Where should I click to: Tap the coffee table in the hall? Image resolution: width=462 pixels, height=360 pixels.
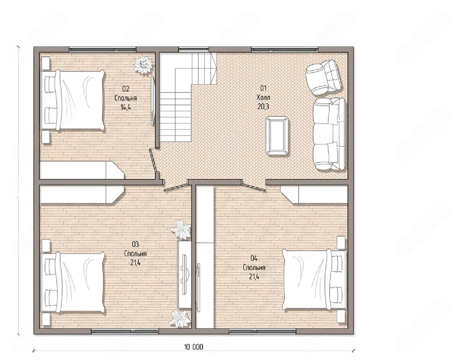coord(278,136)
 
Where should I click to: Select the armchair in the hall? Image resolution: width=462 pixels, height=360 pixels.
coord(324,77)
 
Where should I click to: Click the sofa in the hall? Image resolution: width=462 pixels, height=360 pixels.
coord(329,134)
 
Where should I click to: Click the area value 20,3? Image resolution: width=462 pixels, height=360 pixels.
coord(263,106)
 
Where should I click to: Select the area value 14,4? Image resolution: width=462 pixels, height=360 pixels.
coord(126,107)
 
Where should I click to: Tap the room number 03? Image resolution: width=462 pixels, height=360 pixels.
coord(135,245)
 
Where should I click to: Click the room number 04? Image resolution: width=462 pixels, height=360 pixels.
coord(254,259)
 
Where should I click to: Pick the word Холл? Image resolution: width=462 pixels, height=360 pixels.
coord(263,97)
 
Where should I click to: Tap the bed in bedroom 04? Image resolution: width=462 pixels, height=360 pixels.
coord(314,280)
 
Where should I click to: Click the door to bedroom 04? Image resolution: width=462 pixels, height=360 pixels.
coord(254,186)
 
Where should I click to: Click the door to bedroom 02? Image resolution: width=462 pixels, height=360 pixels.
coord(154,161)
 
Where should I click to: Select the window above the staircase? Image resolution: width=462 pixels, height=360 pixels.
coord(193,49)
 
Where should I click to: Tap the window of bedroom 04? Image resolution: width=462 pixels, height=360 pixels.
coord(262,331)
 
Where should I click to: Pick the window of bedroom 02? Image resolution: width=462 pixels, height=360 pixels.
coord(103,49)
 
